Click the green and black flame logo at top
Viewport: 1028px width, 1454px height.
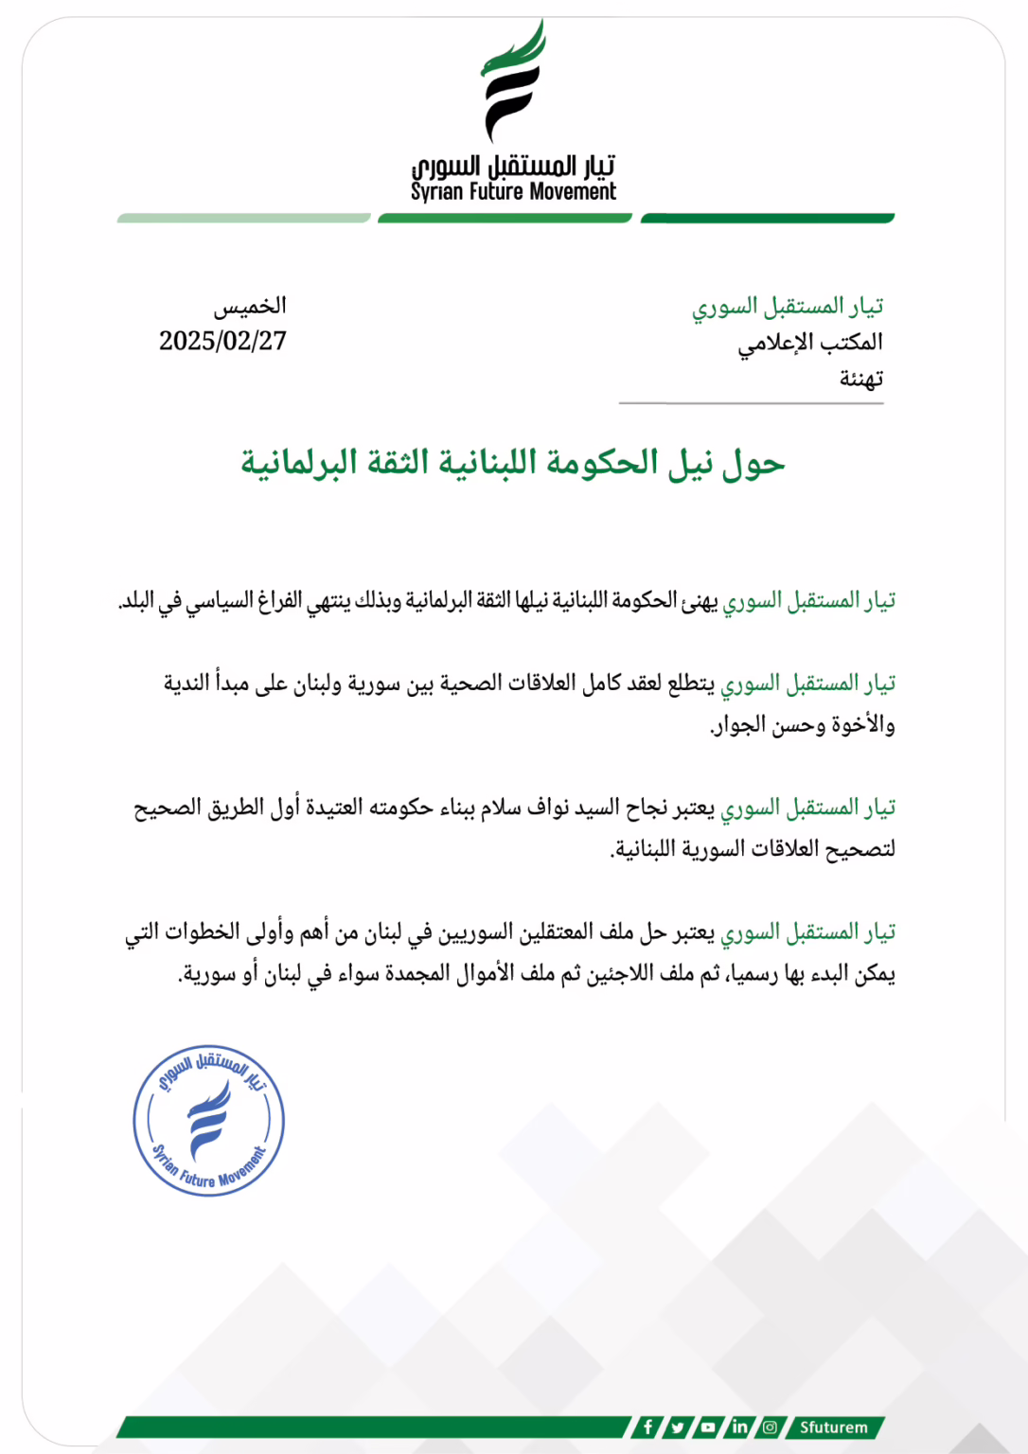tap(513, 83)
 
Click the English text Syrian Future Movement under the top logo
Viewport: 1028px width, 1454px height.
tap(513, 192)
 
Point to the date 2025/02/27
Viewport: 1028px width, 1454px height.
tap(222, 341)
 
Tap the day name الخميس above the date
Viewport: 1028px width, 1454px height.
tap(250, 306)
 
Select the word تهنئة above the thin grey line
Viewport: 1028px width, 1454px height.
tap(860, 379)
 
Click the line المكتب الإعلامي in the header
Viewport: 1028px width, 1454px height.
tap(810, 342)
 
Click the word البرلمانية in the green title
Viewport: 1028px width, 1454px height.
tap(298, 462)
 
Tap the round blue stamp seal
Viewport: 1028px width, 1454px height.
tap(208, 1121)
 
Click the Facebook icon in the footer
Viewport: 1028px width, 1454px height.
tap(647, 1427)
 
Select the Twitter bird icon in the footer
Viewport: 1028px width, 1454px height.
tap(678, 1427)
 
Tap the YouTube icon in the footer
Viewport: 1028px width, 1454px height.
tap(708, 1427)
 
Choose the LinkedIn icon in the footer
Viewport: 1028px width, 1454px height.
tap(739, 1427)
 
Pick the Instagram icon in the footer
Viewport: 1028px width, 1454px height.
tap(770, 1427)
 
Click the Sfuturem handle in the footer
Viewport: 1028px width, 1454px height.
tap(833, 1427)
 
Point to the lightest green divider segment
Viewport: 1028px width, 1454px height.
tap(243, 219)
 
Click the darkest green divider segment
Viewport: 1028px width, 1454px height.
tap(767, 219)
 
